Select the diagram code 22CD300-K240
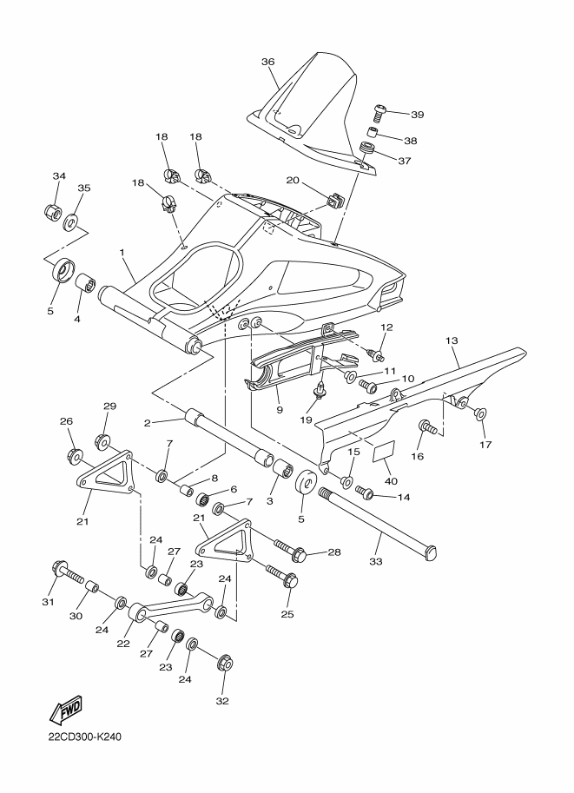[x=85, y=737]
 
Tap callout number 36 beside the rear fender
[x=268, y=62]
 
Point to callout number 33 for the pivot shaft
[x=376, y=561]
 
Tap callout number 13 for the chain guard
[x=452, y=340]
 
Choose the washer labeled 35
[x=71, y=221]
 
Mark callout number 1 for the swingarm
[x=122, y=252]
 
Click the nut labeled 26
[x=76, y=456]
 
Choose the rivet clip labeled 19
[x=320, y=390]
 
